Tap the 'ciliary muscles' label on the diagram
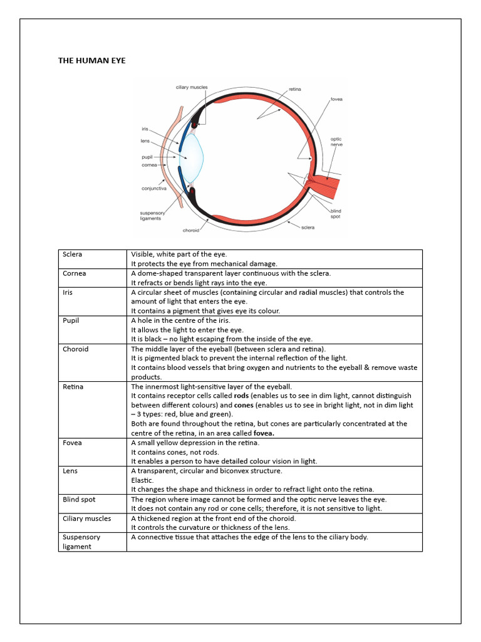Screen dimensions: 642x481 click(192, 87)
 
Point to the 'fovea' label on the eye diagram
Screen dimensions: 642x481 click(336, 99)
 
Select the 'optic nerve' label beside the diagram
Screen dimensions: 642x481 click(336, 142)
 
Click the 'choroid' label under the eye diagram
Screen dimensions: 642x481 click(191, 230)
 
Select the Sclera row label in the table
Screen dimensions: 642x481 click(73, 255)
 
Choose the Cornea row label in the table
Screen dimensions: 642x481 click(75, 273)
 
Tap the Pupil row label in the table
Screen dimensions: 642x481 click(71, 320)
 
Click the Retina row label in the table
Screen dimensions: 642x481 click(73, 386)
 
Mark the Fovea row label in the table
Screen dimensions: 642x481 click(73, 443)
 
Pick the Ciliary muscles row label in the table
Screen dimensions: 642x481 click(86, 518)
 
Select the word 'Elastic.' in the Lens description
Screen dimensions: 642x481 click(142, 480)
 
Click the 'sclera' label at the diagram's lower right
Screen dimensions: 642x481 click(307, 227)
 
